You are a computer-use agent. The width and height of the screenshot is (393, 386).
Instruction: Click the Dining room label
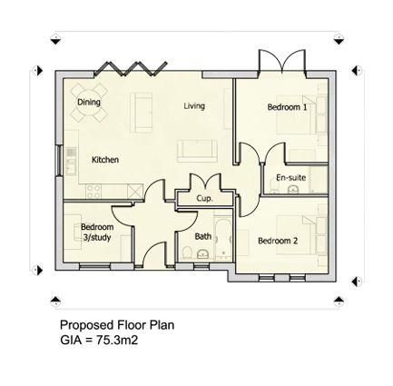pos(89,103)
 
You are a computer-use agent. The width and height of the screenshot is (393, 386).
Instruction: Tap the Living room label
pos(194,106)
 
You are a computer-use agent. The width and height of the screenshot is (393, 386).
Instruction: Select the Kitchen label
pos(105,160)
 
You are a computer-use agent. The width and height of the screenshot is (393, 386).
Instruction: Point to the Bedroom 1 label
pos(287,107)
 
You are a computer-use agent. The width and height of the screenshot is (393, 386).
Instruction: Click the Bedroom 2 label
pos(278,241)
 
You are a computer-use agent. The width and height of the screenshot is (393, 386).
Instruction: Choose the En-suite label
pos(291,178)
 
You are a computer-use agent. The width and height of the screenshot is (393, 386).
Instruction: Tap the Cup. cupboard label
pos(204,197)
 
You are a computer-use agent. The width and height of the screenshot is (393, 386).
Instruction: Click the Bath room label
pos(203,236)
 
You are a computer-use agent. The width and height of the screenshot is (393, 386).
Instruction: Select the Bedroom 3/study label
pos(96,232)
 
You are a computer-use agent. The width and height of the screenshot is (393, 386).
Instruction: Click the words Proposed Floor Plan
pos(116,324)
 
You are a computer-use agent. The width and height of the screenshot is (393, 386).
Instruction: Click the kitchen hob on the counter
pos(93,189)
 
